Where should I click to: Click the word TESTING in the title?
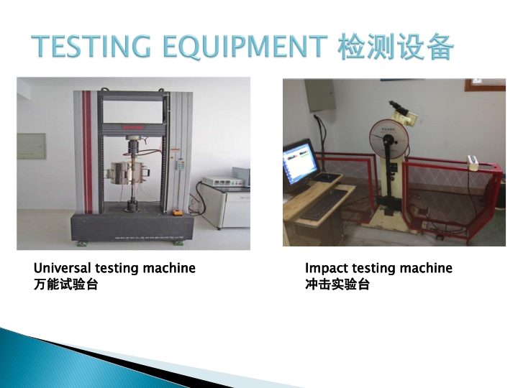pos(91,46)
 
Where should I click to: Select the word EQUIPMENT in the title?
pos(245,47)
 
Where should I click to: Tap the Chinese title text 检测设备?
pos(396,47)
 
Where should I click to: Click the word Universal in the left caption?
pos(62,268)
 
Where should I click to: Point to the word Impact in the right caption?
pos(326,269)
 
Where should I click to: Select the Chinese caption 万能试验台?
pos(65,284)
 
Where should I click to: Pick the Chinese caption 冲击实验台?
pos(337,284)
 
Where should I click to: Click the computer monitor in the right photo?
pos(300,162)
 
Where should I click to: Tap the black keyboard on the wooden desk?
pos(323,205)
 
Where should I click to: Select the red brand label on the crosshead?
pos(133,127)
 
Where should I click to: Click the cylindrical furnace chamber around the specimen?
pos(127,172)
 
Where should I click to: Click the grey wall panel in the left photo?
pos(32,146)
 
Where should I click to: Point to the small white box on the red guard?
pos(473,162)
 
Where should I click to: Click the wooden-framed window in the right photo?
pos(485,85)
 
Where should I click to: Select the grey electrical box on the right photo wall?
pos(320,96)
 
